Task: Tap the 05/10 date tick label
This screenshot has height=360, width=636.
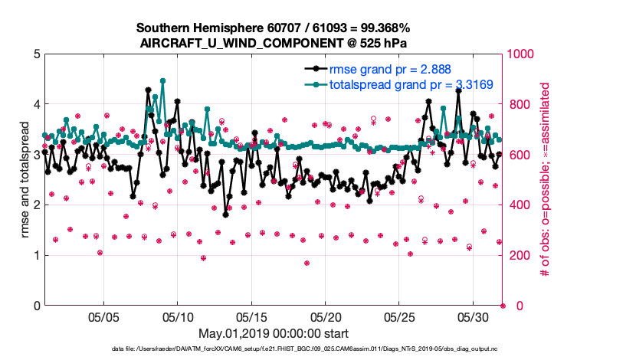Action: (178, 316)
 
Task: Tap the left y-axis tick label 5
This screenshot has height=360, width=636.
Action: (37, 54)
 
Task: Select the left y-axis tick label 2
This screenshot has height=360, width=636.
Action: (37, 205)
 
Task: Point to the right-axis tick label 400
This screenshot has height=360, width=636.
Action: (518, 205)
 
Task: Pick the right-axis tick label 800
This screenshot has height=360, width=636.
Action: (518, 105)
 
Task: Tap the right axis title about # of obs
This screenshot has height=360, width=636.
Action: (546, 180)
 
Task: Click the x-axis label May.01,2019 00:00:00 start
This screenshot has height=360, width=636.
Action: (274, 333)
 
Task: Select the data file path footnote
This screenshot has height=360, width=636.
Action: (274, 350)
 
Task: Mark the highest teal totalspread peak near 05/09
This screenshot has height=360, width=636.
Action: (162, 80)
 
